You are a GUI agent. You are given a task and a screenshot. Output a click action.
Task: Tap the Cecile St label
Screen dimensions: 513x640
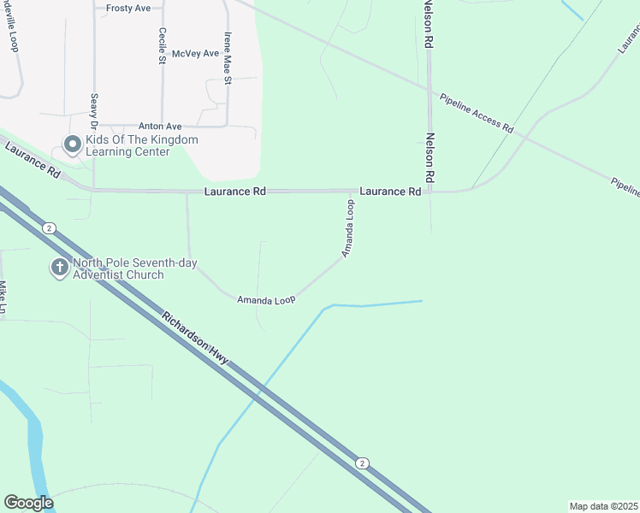click(x=162, y=45)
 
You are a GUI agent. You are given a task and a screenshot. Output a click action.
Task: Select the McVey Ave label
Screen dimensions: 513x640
click(x=195, y=53)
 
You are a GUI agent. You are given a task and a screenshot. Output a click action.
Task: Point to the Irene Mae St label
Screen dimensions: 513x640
click(x=228, y=59)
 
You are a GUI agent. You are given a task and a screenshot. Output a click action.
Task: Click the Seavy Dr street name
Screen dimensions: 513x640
click(x=95, y=109)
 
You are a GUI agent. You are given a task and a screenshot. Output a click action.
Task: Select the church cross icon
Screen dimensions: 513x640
click(x=60, y=268)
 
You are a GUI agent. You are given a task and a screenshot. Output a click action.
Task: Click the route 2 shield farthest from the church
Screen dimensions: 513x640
click(x=363, y=463)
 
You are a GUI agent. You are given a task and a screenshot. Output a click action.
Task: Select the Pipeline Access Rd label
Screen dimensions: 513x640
click(x=477, y=112)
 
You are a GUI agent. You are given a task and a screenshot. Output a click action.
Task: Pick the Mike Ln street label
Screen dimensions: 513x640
click(x=3, y=297)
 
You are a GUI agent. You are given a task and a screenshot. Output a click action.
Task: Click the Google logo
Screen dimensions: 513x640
click(x=28, y=503)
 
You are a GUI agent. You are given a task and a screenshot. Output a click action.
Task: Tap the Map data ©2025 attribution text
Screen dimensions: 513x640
click(x=603, y=506)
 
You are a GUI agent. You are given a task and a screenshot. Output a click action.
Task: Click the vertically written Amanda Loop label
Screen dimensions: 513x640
click(x=348, y=228)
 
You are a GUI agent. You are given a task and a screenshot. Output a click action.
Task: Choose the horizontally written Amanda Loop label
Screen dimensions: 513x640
click(x=266, y=299)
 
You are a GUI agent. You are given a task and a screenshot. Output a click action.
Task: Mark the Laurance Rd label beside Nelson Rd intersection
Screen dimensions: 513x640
click(x=390, y=192)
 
